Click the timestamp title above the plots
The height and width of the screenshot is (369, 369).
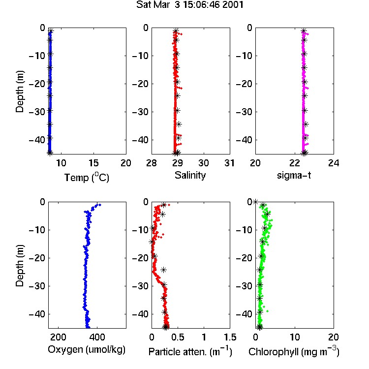190,5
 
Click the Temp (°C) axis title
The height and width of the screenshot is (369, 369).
87,177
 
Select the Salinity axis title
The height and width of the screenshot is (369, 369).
190,176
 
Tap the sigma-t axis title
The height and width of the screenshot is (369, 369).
294,175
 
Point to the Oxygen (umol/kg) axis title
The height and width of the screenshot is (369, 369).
87,350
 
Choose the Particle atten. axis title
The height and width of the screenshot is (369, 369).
190,351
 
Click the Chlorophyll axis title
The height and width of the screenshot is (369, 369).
294,351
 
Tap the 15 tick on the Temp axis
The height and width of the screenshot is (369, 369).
93,163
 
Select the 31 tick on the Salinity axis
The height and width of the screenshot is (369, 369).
230,163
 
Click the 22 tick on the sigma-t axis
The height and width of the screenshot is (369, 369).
295,163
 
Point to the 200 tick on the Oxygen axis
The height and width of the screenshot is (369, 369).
58,337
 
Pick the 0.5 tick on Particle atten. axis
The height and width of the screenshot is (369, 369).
178,337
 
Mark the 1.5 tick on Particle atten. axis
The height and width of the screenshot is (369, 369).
230,337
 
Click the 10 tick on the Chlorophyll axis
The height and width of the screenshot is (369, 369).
295,337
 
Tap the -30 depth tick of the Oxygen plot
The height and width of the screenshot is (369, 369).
37,286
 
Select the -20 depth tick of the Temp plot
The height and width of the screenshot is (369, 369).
37,84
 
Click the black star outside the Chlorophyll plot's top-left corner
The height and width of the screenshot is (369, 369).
255,202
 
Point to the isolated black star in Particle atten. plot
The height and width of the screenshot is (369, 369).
163,270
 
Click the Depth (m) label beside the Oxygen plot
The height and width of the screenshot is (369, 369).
20,266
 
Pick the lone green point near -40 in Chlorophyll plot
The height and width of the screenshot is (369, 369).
267,311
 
